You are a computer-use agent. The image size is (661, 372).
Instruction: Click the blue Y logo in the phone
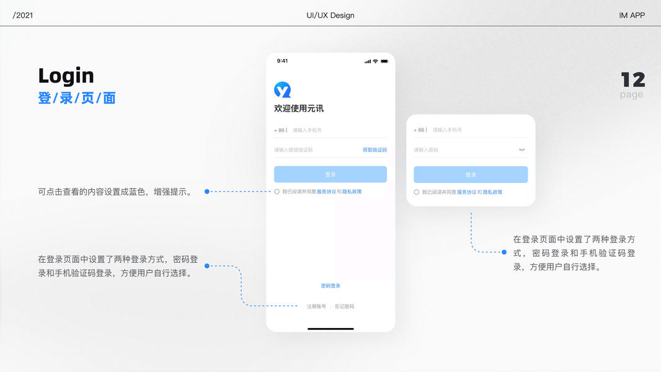[x=282, y=90]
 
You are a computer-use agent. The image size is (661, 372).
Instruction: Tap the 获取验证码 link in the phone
[x=375, y=150]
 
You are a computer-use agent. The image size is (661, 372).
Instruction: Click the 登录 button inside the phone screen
[x=330, y=174]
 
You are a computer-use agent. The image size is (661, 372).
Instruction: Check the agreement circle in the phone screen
[x=277, y=192]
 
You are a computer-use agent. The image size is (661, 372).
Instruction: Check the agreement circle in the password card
[x=417, y=192]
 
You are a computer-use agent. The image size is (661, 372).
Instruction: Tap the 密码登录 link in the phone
[x=331, y=286]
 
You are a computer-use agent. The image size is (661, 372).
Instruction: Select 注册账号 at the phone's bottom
[x=316, y=306]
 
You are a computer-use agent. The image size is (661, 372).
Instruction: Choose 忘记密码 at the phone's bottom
[x=344, y=306]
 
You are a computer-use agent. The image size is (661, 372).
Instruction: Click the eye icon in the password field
[x=522, y=150]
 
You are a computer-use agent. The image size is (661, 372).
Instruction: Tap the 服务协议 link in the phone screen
[x=326, y=192]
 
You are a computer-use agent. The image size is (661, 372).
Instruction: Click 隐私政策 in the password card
[x=493, y=192]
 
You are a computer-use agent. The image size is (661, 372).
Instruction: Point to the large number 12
[x=633, y=80]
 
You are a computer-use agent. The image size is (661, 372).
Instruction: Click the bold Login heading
[x=66, y=76]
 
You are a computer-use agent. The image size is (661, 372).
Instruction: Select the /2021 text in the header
[x=23, y=15]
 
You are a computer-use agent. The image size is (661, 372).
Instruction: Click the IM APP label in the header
[x=632, y=15]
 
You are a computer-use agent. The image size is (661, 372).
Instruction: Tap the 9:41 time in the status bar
[x=282, y=61]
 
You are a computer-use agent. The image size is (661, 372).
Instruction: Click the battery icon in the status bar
[x=384, y=61]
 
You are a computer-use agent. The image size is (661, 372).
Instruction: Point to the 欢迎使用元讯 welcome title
[x=299, y=108]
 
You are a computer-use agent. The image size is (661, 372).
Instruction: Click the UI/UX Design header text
[x=331, y=15]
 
